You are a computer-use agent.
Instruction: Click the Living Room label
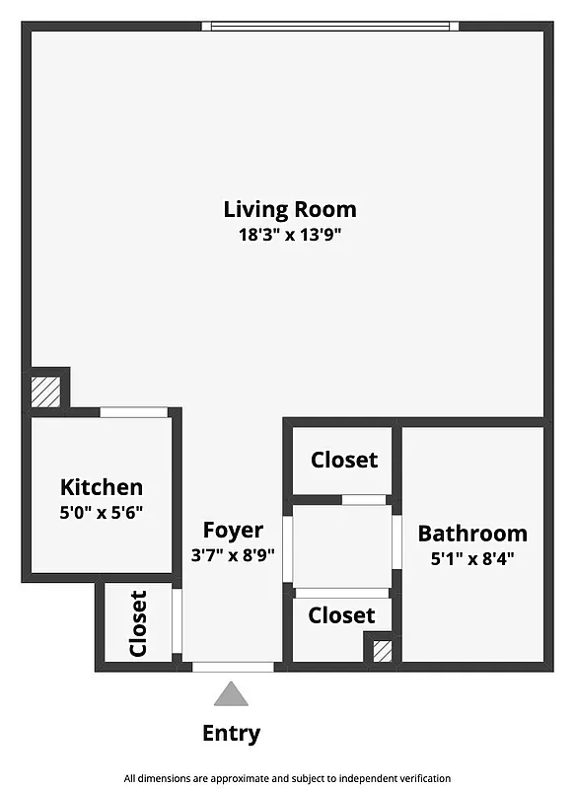click(289, 209)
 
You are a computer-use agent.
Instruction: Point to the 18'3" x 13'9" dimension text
click(289, 235)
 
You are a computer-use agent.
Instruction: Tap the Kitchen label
click(102, 486)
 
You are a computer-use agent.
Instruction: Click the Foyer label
click(233, 530)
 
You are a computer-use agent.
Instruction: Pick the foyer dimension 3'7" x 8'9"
click(233, 553)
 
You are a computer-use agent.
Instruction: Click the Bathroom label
click(472, 534)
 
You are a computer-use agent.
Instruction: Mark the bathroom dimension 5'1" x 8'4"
click(472, 557)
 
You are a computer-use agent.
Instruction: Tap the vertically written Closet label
click(138, 623)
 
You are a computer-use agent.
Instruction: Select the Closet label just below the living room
click(343, 460)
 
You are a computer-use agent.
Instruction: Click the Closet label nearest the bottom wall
click(341, 615)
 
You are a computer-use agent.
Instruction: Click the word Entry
click(232, 733)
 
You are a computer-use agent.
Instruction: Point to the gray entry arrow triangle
click(232, 695)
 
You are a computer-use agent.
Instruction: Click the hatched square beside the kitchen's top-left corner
click(46, 390)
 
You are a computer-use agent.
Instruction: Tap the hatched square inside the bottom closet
click(382, 650)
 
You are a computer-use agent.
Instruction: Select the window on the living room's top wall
click(330, 26)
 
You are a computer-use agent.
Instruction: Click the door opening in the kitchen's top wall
click(133, 412)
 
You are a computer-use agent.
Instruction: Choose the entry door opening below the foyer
click(233, 668)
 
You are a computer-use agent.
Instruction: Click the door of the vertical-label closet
click(177, 620)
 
